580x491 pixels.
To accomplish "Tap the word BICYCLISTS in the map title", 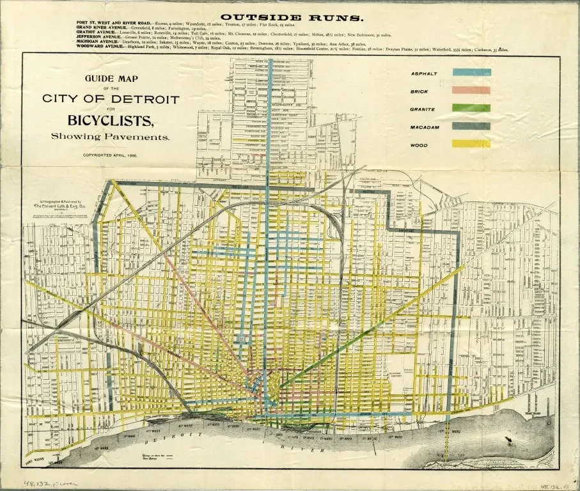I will (x=111, y=120).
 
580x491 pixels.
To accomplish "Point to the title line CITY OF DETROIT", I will (x=111, y=99).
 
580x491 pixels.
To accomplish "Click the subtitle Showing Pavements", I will (x=111, y=136).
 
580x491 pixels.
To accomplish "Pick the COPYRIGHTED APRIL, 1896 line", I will (x=111, y=155).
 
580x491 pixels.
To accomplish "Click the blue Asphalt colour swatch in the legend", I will (x=471, y=73).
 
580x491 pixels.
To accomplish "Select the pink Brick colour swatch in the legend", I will (x=471, y=91).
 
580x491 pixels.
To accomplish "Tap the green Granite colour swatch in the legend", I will (x=471, y=109).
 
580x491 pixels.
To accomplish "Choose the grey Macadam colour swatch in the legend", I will (x=471, y=127).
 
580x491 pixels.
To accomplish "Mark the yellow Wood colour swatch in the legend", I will (x=471, y=144).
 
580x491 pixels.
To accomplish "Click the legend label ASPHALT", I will (x=423, y=74).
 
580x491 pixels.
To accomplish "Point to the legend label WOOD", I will (x=419, y=145).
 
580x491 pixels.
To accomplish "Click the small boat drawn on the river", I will (x=508, y=439).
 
